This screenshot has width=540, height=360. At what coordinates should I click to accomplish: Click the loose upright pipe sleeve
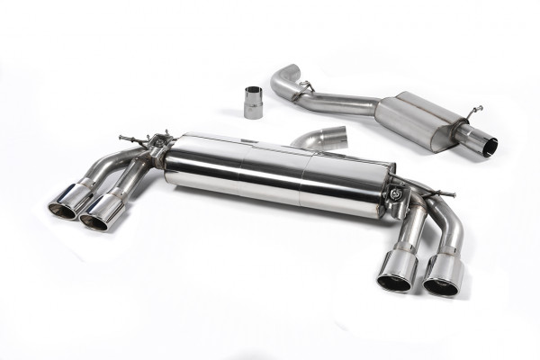253,103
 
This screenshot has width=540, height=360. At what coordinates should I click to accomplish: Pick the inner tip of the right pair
396,272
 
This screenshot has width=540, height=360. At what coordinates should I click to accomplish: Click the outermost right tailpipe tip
443,275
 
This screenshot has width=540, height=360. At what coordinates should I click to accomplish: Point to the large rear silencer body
279,178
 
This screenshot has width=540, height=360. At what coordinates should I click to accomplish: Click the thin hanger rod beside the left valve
131,139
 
